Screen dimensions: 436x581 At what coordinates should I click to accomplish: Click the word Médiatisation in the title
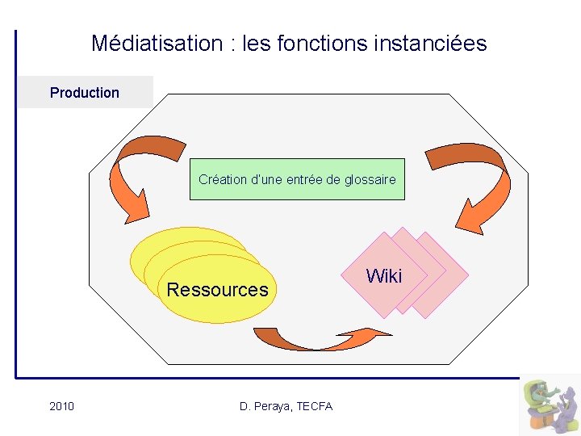157,43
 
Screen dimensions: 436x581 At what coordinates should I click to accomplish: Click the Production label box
85,93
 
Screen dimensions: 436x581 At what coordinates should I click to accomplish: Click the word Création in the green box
223,179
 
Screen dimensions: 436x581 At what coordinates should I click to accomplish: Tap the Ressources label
217,290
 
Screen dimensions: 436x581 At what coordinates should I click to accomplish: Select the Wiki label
383,276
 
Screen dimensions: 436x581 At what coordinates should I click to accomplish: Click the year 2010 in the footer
61,406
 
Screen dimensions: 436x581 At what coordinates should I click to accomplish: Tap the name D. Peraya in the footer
265,406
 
